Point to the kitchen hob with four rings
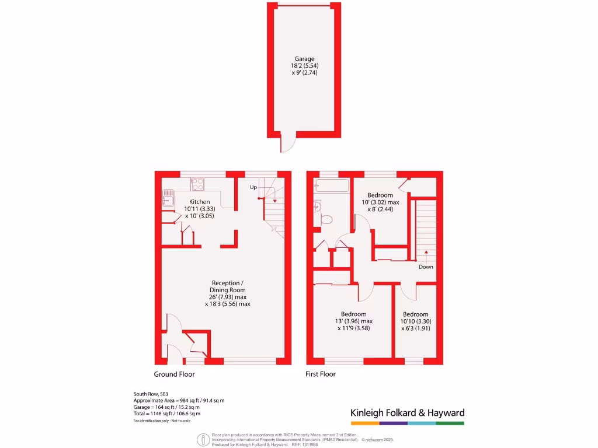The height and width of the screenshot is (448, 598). click(197, 184)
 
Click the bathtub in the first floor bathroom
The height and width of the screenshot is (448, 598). click(331, 186)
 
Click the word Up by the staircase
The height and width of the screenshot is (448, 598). click(253, 187)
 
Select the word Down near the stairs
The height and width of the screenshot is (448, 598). click(426, 267)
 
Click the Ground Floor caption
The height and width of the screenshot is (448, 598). click(174, 374)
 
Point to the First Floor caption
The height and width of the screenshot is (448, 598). click(321, 374)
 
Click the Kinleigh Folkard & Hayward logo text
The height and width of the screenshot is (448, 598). click(407, 413)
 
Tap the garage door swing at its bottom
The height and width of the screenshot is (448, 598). click(286, 143)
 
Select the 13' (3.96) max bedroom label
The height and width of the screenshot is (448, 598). click(354, 321)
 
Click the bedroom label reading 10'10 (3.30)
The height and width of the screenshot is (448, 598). click(415, 321)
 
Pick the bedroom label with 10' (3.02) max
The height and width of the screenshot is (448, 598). click(380, 202)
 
